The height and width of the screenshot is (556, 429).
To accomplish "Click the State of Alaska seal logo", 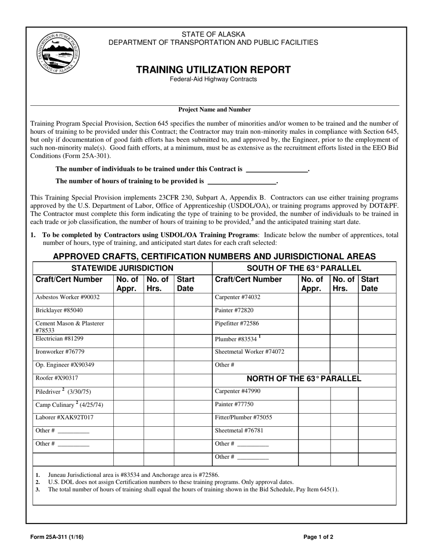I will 58,53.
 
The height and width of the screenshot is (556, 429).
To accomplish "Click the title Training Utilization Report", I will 214,70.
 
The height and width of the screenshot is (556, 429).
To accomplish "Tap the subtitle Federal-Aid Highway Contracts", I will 214,79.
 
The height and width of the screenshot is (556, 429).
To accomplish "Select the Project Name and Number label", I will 214,109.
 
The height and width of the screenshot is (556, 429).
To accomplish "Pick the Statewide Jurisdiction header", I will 122,268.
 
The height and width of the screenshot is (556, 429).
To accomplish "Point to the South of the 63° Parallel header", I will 304,268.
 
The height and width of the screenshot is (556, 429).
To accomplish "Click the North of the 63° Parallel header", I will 304,378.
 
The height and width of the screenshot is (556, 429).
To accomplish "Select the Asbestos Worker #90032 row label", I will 68,297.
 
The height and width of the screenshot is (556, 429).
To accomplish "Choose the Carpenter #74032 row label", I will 238,297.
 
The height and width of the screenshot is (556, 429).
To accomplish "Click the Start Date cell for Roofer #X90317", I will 193,380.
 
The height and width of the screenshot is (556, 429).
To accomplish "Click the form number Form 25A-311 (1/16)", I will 56,537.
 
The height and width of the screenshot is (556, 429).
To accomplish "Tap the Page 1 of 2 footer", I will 318,537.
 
